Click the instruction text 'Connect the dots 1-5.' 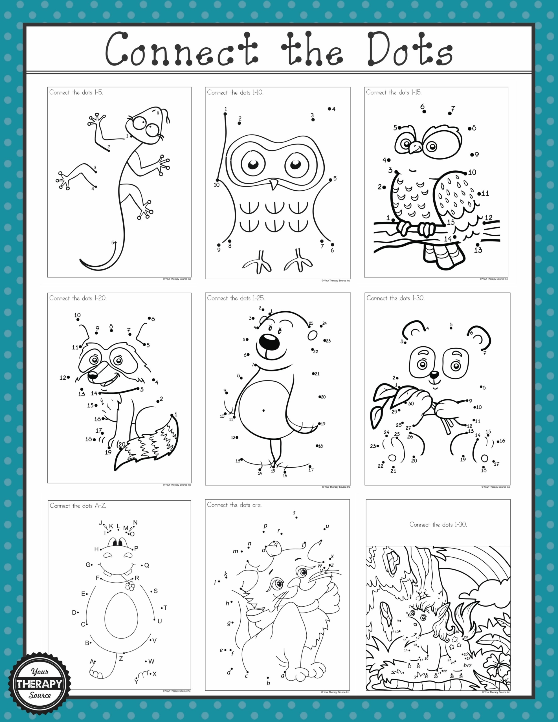point(76,93)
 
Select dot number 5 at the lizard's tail point(115,243)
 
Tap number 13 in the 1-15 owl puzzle point(478,250)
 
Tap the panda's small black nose point(434,375)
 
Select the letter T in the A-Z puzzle point(165,607)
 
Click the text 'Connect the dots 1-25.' point(236,298)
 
